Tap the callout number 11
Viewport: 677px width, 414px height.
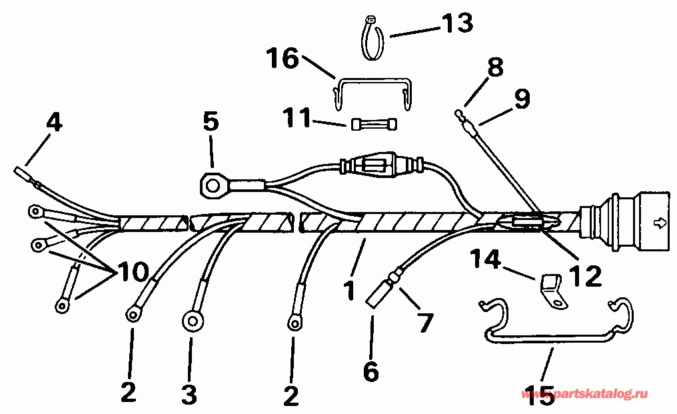297,119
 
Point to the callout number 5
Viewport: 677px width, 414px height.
211,122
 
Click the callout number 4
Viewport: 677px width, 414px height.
55,123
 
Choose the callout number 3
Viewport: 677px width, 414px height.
189,394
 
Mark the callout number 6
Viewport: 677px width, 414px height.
370,371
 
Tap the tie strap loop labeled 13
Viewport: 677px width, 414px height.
370,39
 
